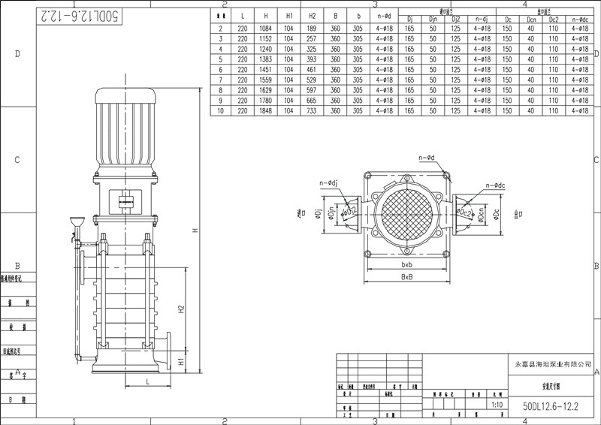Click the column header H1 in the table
point(289,15)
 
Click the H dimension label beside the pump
point(194,231)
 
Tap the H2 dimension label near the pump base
point(180,309)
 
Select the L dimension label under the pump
point(148,382)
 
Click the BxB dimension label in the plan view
point(407,277)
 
